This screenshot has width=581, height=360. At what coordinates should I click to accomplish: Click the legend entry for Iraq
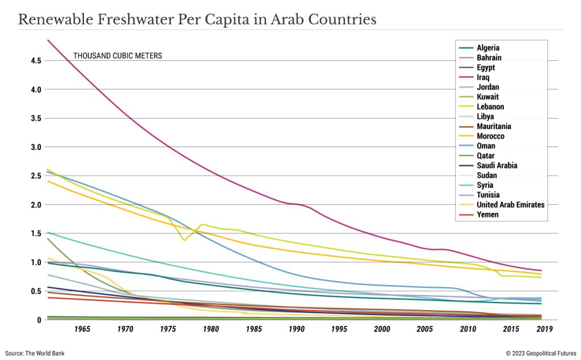(x=483, y=77)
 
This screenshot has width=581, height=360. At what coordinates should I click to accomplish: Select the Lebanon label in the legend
(x=490, y=107)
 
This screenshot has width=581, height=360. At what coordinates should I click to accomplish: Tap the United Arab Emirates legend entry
(x=511, y=205)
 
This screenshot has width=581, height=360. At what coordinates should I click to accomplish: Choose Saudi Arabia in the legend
(x=497, y=166)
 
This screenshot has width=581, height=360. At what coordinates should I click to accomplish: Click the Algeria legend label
(x=488, y=48)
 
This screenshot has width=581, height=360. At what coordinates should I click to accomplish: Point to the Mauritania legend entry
(x=494, y=127)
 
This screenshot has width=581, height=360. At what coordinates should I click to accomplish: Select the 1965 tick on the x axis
(x=82, y=329)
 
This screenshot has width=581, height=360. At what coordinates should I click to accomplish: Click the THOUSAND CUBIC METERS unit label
(x=117, y=56)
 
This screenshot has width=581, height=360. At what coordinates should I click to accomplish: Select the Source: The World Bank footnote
(x=35, y=353)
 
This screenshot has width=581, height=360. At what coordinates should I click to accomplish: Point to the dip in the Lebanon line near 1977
(x=184, y=240)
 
